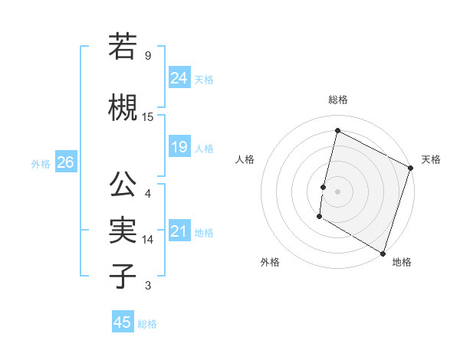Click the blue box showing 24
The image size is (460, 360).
179,78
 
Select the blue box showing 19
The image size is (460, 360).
179,147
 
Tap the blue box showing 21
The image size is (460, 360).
179,231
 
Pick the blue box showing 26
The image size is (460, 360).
65,162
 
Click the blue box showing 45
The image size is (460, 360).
123,322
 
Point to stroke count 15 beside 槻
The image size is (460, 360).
148,117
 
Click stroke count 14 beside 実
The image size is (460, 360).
148,240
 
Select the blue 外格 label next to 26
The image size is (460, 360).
41,163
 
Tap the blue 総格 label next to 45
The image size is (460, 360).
147,324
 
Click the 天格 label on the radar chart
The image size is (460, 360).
431,159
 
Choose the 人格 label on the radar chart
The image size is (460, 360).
245,159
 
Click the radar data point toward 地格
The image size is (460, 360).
382,253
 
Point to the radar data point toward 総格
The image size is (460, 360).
337,131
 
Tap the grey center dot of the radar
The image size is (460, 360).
337,191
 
